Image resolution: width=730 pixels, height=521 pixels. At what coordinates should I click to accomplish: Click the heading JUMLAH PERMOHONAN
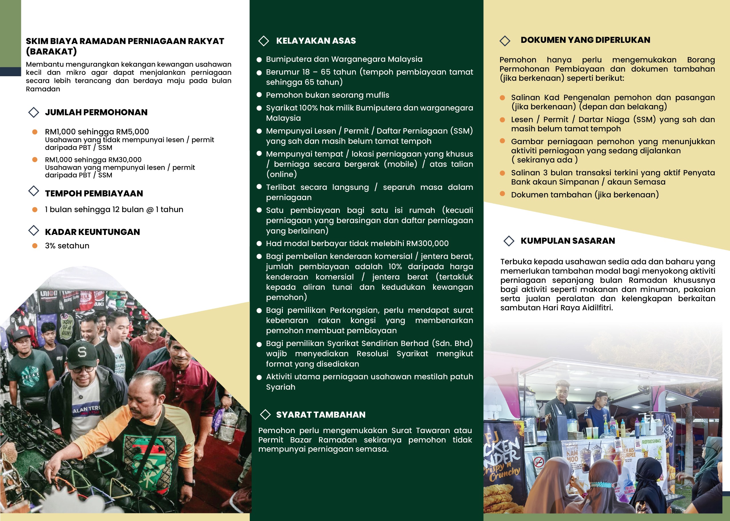(96, 112)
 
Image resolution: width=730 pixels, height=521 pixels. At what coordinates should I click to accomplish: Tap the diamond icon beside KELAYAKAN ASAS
(263, 41)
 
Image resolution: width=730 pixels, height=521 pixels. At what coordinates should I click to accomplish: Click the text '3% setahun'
(67, 246)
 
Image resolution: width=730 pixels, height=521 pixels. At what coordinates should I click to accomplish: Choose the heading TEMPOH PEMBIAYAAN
(94, 194)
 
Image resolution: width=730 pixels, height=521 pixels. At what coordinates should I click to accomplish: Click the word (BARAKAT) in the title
(51, 51)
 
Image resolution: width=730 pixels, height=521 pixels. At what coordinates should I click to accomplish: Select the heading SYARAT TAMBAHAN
(321, 415)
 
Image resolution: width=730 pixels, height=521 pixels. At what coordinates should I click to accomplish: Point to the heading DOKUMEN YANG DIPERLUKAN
(585, 40)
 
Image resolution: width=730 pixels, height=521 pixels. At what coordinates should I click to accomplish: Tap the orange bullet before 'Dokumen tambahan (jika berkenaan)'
(502, 194)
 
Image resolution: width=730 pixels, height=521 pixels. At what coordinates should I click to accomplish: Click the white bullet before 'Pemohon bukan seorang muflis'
(259, 95)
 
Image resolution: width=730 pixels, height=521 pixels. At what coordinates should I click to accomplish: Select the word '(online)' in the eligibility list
(281, 174)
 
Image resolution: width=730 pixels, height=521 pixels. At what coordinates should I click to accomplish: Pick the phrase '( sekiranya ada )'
(544, 160)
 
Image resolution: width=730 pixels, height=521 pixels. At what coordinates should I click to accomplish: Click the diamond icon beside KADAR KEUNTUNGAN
(34, 231)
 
